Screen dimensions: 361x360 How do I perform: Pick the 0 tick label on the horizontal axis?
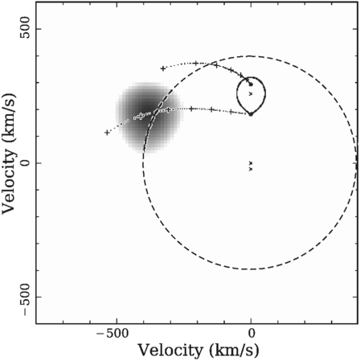251,334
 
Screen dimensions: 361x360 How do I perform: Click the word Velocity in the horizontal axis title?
165,351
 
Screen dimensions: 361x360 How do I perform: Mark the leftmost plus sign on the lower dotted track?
107,132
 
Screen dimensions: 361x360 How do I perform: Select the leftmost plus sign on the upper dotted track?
163,68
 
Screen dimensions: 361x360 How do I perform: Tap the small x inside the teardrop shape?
251,94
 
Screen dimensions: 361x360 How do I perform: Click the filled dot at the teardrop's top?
251,84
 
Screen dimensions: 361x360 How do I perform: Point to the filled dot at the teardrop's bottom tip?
251,113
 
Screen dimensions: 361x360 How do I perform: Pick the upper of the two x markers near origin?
251,163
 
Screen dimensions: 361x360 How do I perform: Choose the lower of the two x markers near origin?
251,169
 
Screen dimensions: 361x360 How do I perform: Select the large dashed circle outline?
251,269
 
